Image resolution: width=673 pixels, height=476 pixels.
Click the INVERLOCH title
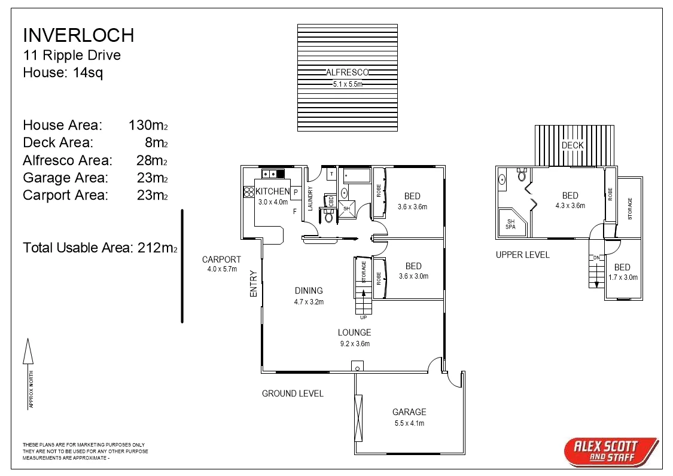click(x=78, y=35)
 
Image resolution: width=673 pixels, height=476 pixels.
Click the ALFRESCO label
click(x=347, y=72)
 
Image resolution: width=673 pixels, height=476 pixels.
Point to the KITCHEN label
click(x=272, y=191)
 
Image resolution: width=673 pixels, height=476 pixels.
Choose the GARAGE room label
click(x=409, y=412)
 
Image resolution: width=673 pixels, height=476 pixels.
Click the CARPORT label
click(x=221, y=260)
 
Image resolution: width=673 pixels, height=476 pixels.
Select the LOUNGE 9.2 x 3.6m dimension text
click(x=354, y=344)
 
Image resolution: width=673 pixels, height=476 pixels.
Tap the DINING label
click(x=309, y=291)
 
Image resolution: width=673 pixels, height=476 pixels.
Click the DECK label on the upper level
click(x=572, y=145)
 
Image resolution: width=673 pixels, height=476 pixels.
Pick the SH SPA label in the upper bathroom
click(x=510, y=223)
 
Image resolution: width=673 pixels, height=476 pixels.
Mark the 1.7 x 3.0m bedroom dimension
click(x=622, y=277)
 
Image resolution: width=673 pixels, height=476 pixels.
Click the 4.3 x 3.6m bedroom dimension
click(x=570, y=206)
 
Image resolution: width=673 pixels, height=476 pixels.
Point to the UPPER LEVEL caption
click(x=522, y=255)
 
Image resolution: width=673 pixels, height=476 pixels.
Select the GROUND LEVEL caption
click(x=293, y=393)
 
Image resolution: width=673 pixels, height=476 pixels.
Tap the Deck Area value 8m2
click(x=157, y=142)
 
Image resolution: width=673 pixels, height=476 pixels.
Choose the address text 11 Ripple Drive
click(x=72, y=56)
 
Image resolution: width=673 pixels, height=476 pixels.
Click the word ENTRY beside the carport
click(x=254, y=284)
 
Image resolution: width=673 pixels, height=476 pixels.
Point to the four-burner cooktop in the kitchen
click(x=248, y=192)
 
